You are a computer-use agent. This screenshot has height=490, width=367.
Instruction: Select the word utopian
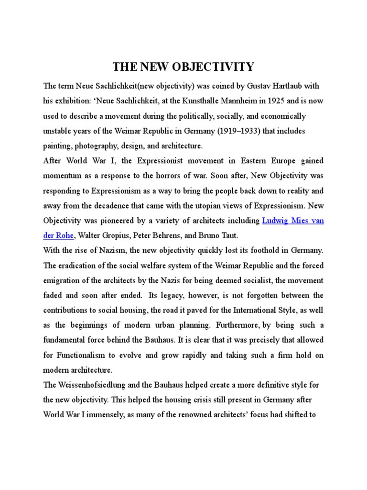pos(228,206)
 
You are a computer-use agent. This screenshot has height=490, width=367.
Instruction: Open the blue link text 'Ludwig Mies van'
pos(293,221)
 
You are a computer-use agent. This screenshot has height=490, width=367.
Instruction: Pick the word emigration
pos(62,280)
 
